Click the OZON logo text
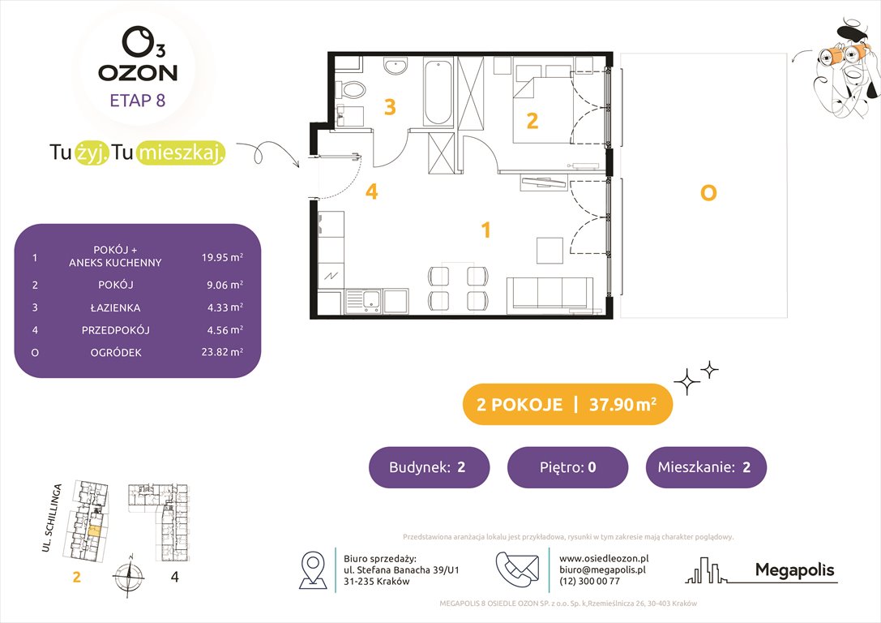[138, 71]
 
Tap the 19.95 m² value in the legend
[223, 258]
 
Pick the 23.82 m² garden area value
[223, 352]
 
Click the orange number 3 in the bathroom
[390, 107]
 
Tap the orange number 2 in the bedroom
[532, 121]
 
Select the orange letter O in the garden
[708, 194]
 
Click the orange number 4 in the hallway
[371, 191]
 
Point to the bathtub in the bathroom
[438, 92]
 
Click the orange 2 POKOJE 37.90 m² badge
[567, 405]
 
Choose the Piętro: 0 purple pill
[567, 467]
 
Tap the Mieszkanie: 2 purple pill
[706, 467]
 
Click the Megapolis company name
[794, 570]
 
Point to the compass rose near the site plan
[126, 577]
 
